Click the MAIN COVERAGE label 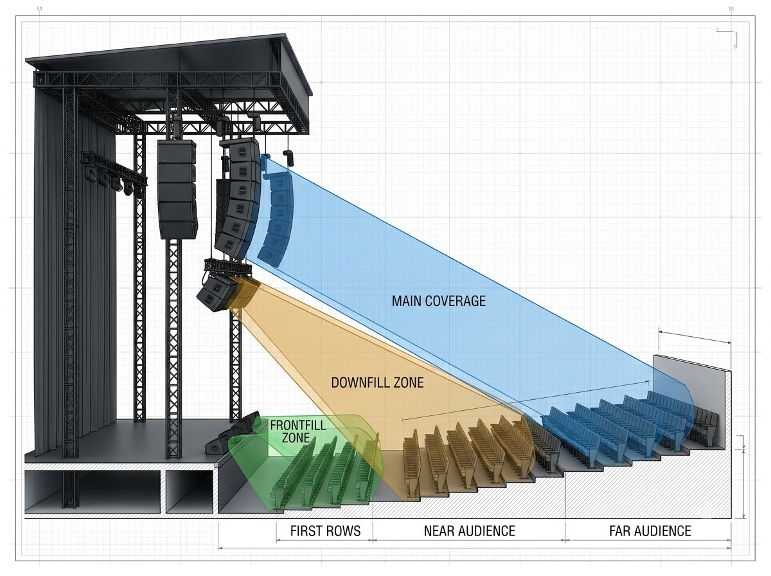coord(439,301)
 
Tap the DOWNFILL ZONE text coord(377,382)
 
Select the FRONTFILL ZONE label coord(298,431)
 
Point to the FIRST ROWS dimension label coord(325,531)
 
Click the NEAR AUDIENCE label coord(469,531)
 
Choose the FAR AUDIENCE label coord(650,531)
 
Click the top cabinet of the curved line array coord(240,150)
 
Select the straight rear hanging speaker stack coord(177,189)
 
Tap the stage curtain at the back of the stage coord(76,260)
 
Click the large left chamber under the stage coord(93,491)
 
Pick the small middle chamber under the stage coord(190,491)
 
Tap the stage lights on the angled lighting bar coord(113,179)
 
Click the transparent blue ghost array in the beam coord(278,220)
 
